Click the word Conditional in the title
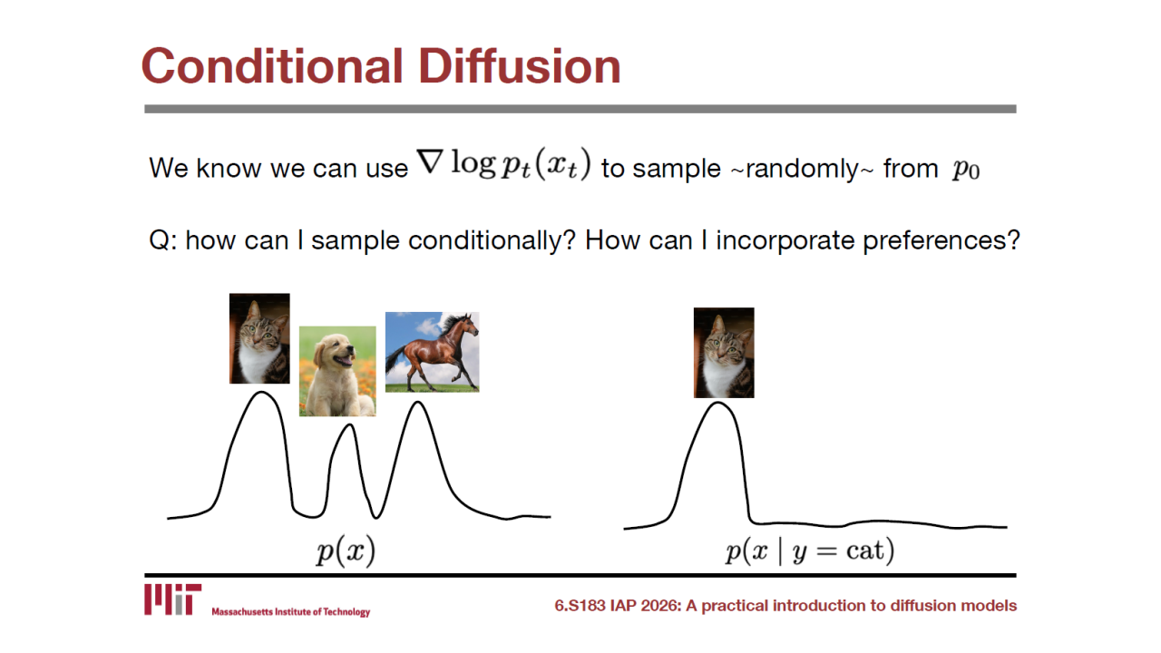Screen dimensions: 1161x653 (272, 66)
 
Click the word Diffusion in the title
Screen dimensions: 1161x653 (520, 66)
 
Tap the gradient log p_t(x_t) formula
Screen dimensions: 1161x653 (503, 164)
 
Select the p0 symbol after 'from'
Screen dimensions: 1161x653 (966, 170)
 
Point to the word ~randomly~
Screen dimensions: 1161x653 (802, 169)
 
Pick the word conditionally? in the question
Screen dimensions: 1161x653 (492, 240)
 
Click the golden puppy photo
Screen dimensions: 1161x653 (337, 371)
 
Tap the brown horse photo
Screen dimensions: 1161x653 (433, 352)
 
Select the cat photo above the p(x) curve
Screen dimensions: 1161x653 (259, 338)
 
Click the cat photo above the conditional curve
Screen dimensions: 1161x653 (724, 353)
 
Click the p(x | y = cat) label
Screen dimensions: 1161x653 (810, 551)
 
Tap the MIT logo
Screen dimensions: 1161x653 (172, 599)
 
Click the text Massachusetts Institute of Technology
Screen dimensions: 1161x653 (291, 612)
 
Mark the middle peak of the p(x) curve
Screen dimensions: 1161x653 (350, 425)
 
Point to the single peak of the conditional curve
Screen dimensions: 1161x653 (718, 403)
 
